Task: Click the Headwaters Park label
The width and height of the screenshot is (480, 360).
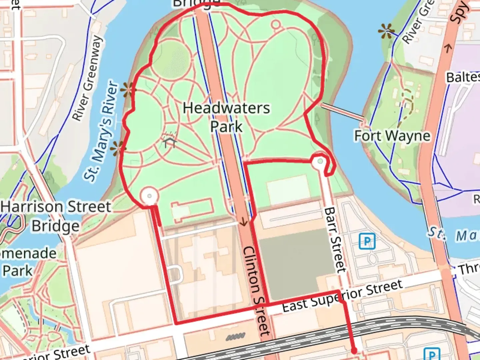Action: point(226,117)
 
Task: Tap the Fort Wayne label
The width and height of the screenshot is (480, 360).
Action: point(392,136)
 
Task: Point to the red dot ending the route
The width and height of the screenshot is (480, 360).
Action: point(354,351)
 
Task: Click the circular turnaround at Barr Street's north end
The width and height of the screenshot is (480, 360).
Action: point(320,162)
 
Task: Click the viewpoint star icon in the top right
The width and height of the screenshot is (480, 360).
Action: point(387,32)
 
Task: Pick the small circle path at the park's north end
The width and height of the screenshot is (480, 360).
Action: point(276,24)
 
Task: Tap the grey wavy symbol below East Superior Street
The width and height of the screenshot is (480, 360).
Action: point(235,337)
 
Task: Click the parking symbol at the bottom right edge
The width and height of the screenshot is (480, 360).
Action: point(432,354)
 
